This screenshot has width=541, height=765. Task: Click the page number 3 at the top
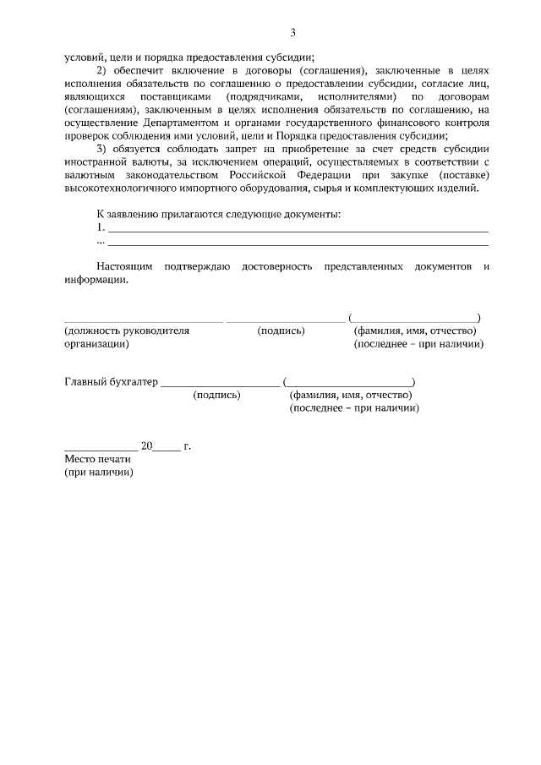[x=292, y=33]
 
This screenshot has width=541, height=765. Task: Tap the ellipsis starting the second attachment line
[x=101, y=241]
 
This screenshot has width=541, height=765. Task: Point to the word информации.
[x=98, y=281]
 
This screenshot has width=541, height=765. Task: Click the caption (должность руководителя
[x=126, y=331]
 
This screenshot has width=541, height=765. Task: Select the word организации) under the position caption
[x=95, y=345]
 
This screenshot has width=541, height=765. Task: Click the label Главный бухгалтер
[x=111, y=382]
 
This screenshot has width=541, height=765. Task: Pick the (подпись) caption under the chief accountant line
[x=216, y=396]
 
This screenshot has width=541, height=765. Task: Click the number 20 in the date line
[x=146, y=445]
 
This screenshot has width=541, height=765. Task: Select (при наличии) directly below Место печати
[x=99, y=473]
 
